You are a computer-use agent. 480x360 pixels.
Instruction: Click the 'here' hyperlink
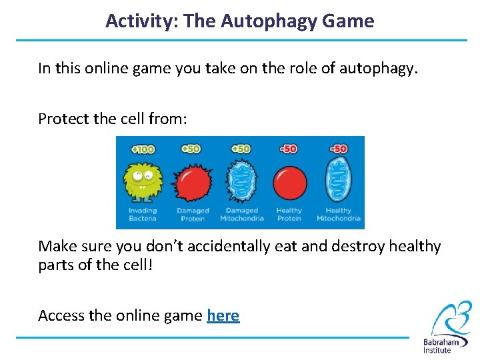pos(223,315)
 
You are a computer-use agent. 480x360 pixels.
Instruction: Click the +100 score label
pos(142,148)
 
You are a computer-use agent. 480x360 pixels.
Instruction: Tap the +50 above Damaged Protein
pos(191,148)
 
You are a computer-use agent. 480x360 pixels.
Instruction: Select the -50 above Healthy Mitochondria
pos(338,148)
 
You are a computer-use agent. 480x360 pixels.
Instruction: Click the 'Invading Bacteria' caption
pos(142,215)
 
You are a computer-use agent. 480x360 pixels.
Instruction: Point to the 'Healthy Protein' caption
pos(289,215)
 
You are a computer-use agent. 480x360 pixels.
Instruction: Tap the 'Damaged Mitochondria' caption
pos(241,215)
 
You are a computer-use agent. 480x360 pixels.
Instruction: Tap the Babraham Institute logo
pos(446,327)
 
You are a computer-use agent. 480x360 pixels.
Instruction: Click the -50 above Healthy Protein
pos(289,148)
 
